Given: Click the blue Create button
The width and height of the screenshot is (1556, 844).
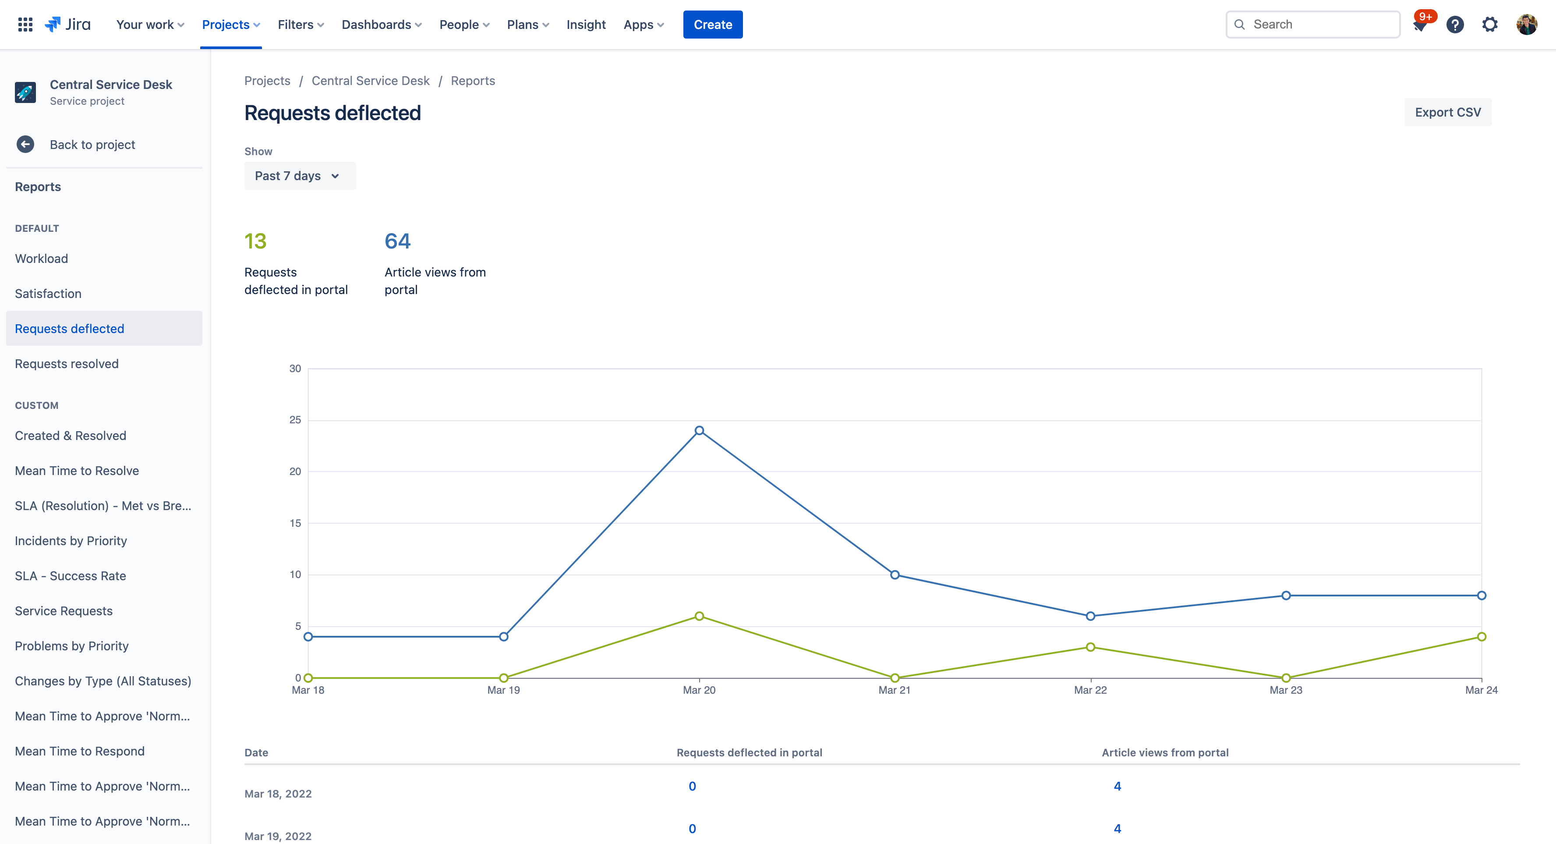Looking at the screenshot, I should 712,25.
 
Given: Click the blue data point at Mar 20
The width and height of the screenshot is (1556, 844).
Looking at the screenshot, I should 699,431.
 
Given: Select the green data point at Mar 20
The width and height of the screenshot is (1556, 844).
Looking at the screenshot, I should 699,616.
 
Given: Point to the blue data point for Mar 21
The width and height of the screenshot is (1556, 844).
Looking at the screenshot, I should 895,574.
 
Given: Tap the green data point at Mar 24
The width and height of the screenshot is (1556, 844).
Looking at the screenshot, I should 1481,637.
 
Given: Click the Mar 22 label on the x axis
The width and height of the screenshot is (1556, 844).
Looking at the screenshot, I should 1090,690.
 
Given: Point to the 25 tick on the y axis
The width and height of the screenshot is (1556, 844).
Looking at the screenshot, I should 295,420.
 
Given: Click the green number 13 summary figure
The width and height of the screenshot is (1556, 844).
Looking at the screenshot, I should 255,241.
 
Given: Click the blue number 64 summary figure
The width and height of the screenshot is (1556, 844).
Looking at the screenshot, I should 397,241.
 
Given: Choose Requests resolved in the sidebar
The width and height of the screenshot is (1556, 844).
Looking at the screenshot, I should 67,364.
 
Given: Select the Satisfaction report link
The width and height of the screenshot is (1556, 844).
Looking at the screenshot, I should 48,294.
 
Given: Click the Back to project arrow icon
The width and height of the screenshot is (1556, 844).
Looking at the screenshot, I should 25,145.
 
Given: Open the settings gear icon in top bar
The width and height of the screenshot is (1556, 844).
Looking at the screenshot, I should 1489,25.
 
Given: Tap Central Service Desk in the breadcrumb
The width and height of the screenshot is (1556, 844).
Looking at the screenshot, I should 370,81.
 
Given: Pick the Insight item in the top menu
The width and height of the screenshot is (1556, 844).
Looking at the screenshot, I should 585,25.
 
